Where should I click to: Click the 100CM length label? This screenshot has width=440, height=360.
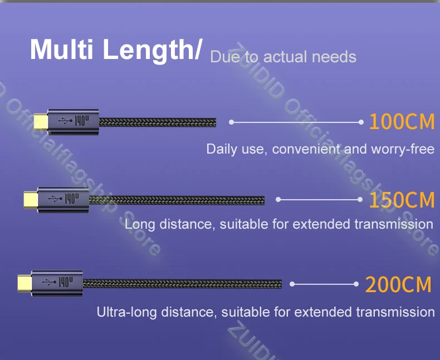pos(401,121)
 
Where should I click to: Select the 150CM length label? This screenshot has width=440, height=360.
pos(401,199)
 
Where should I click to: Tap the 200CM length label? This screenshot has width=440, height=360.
pos(398,284)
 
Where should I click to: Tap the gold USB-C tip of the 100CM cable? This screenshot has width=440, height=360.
pos(40,121)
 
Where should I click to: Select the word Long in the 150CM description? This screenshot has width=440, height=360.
pos(139,224)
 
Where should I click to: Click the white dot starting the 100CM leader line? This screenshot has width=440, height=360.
pos(231,121)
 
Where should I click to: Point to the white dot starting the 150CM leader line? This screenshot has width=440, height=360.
pos(278,199)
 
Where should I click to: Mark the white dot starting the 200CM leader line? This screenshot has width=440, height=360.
pos(292,284)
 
